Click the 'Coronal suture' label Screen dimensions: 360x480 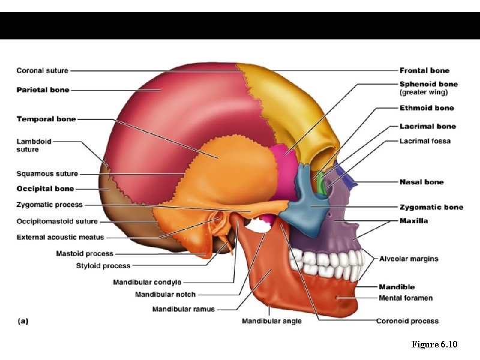pyautogui.click(x=42, y=71)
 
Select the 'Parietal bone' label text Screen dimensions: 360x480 pyautogui.click(x=43, y=90)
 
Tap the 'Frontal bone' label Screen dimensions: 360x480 pyautogui.click(x=424, y=71)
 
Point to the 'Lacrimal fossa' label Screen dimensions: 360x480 pyautogui.click(x=425, y=142)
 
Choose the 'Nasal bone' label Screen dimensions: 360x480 pyautogui.click(x=422, y=182)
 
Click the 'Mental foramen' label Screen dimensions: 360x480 pyautogui.click(x=406, y=298)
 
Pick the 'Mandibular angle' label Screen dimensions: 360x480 pyautogui.click(x=272, y=321)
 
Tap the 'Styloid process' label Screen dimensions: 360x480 pyautogui.click(x=103, y=266)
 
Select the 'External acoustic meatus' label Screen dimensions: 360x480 pyautogui.click(x=60, y=238)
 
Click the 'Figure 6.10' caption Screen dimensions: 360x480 pyautogui.click(x=434, y=344)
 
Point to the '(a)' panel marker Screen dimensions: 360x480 pyautogui.click(x=23, y=321)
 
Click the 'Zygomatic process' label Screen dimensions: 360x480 pyautogui.click(x=50, y=205)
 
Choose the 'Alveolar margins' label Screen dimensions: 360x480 pyautogui.click(x=409, y=259)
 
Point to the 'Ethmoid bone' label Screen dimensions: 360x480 pyautogui.click(x=427, y=108)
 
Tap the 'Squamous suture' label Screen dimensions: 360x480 pyautogui.click(x=47, y=174)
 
